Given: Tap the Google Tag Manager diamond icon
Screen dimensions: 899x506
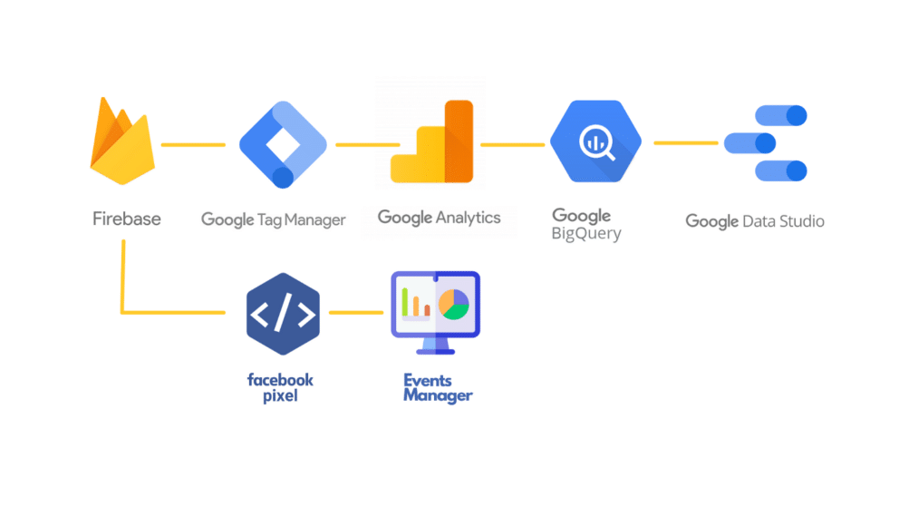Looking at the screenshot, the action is pos(283,144).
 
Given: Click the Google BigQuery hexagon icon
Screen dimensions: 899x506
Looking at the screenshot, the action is pos(595,141).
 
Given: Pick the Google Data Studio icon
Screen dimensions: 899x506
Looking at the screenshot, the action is pos(766,143).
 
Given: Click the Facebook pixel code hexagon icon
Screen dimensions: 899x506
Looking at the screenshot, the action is pos(283,314).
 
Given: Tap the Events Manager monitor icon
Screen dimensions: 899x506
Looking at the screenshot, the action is pos(436,313).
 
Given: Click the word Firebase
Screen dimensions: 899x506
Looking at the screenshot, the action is pos(127,219).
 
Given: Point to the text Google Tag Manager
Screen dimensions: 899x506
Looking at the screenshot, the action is pos(274,219).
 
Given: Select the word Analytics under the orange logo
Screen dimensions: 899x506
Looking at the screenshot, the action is pos(468,218).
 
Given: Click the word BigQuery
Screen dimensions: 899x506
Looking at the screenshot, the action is pos(586,233).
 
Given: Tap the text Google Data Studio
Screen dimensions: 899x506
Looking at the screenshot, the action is pos(755,221).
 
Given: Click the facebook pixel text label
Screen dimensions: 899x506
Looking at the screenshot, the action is pos(280,388).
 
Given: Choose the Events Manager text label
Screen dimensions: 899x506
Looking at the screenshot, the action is pos(438,388).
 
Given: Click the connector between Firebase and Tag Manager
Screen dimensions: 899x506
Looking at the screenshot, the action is pos(193,145).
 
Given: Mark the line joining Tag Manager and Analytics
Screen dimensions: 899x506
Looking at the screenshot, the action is pos(368,145).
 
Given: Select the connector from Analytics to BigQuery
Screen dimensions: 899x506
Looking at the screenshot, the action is pos(513,145).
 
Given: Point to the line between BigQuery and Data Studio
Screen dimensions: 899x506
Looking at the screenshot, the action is pos(686,143).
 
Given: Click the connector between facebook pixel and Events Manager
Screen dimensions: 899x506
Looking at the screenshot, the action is pos(356,313).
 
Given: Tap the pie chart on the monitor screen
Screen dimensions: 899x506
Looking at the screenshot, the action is pos(453,304).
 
